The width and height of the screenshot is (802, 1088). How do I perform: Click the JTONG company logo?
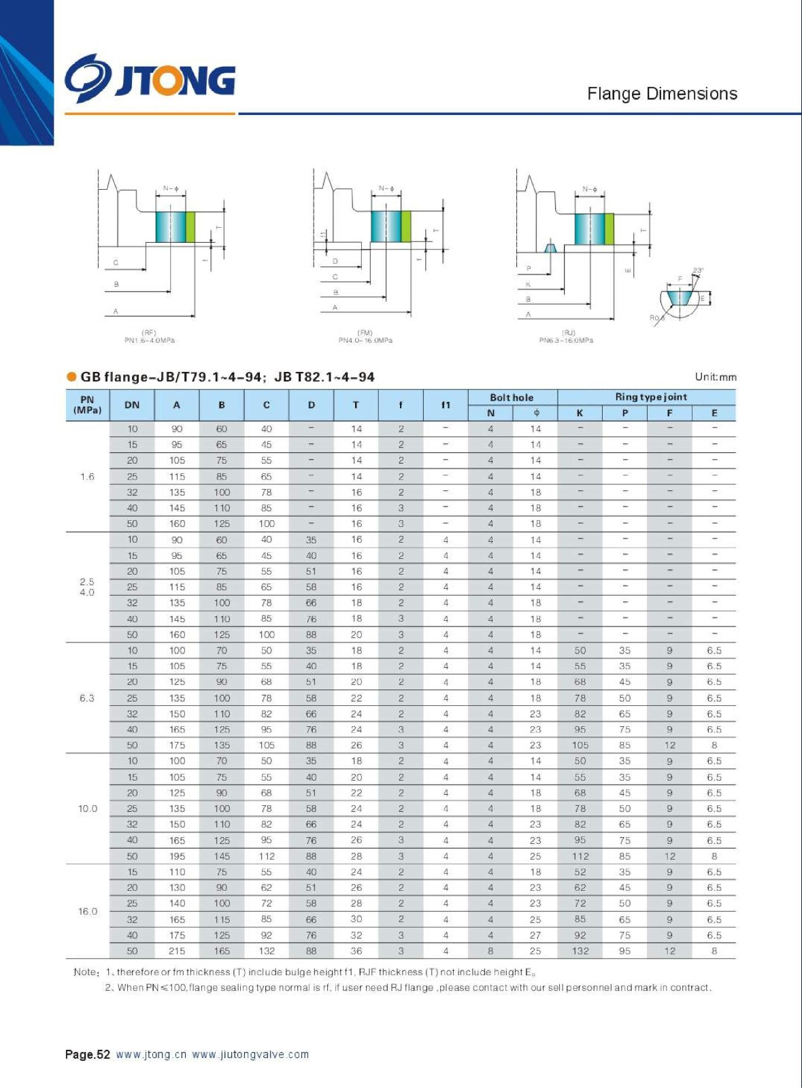coord(150,79)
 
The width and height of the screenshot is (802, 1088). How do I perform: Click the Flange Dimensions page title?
coord(662,94)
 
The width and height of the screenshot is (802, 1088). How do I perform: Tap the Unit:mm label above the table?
coord(715,377)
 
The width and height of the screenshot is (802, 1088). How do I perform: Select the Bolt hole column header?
coord(512,397)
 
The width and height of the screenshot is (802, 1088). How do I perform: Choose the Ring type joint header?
coord(650,396)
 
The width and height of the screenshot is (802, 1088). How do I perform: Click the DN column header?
coord(132,405)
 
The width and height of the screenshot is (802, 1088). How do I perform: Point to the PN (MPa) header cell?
coord(87,405)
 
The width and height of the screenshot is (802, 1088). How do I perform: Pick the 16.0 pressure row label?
coord(88,911)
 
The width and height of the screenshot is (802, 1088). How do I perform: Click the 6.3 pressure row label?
coord(87,698)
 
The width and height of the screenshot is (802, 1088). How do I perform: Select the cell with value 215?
coord(177,951)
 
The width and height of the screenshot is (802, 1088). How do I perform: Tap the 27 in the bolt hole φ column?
coord(535,935)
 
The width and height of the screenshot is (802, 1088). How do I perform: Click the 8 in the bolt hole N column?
coord(490,951)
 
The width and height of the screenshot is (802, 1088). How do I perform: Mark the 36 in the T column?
coord(356,951)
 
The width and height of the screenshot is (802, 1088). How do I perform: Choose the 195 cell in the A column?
coord(177,856)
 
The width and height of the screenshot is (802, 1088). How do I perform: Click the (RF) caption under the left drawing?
coord(149,333)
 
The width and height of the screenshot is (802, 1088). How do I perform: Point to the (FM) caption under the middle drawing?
coord(365,333)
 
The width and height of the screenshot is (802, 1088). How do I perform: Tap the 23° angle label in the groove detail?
coord(698,271)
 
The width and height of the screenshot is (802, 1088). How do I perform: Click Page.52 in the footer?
coord(87,1055)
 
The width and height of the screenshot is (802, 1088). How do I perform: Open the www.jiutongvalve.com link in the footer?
coord(250,1055)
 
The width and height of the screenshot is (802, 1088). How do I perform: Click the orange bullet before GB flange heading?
coord(71,377)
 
